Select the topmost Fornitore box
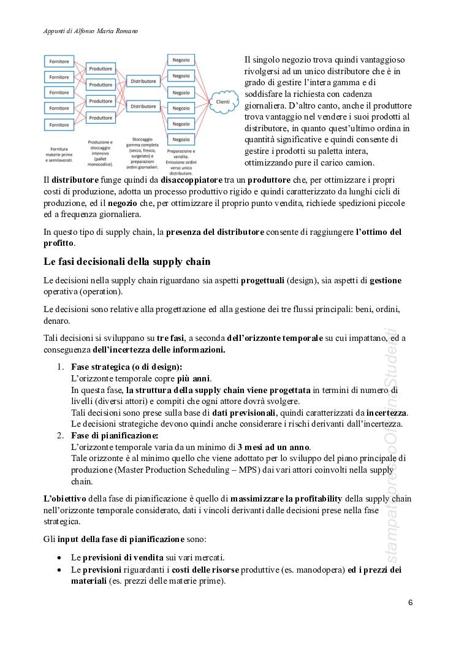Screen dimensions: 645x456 click(59, 62)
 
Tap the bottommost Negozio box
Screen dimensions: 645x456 click(180, 139)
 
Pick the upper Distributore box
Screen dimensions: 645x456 click(143, 81)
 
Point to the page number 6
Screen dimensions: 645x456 click(411, 602)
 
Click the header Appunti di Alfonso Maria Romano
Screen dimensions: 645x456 click(90, 30)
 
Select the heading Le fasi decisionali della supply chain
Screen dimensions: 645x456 click(127, 262)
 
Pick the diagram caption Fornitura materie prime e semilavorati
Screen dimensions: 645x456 click(59, 151)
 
